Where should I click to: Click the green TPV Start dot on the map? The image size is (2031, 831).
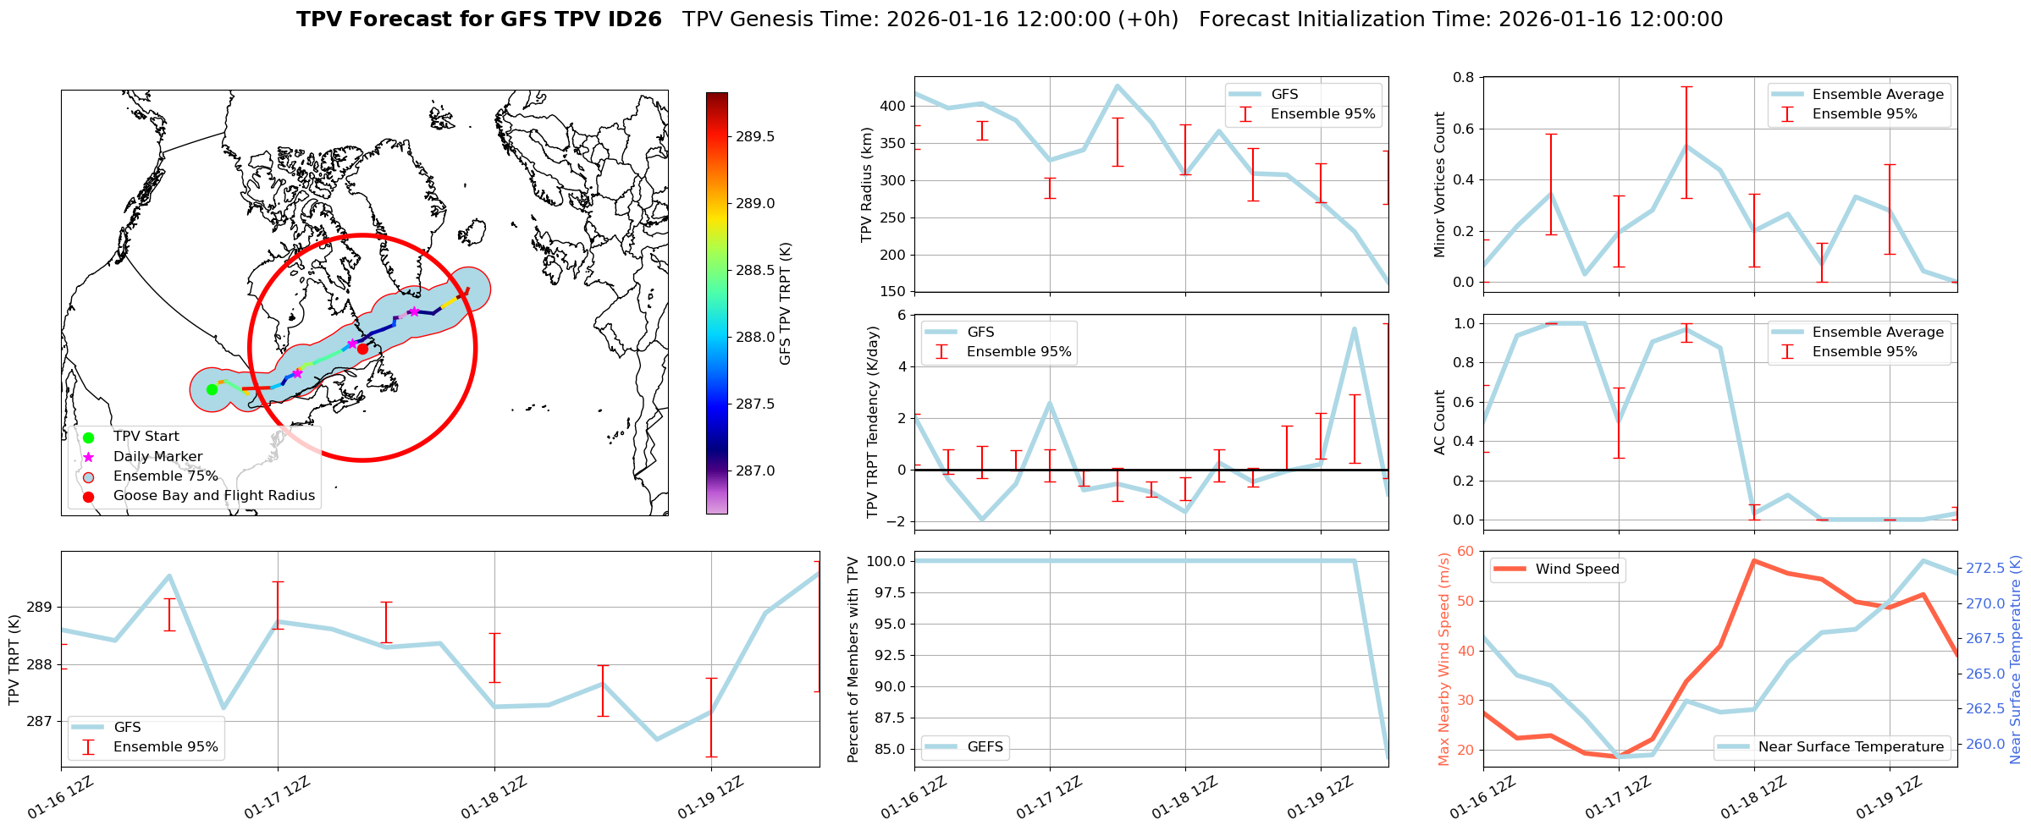click(212, 389)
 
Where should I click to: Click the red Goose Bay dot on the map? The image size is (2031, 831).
click(362, 349)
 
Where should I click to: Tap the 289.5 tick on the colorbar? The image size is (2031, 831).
click(754, 137)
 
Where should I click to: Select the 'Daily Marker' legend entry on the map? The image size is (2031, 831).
click(157, 457)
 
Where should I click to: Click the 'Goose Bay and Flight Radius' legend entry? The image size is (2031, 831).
click(213, 496)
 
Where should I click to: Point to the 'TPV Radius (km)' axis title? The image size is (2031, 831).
click(866, 184)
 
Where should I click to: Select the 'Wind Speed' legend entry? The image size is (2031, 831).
click(1576, 570)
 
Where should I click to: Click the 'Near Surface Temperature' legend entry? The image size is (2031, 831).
click(1850, 747)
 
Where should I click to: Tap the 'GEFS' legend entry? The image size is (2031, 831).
click(985, 747)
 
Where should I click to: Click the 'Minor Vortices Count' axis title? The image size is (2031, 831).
click(1439, 184)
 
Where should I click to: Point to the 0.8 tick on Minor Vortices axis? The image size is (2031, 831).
click(1463, 78)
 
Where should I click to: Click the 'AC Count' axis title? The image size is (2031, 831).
click(1439, 422)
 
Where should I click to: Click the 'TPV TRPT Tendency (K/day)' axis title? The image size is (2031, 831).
click(872, 422)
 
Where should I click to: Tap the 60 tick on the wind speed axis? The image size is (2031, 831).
click(1465, 552)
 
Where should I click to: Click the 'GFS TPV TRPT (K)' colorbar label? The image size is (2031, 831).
click(786, 304)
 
